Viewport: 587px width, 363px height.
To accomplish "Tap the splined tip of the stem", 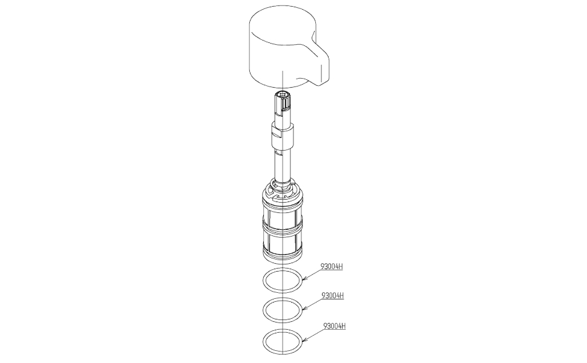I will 283,97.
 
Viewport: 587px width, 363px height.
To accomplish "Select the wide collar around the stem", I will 282,136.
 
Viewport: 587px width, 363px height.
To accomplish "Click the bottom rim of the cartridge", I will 283,257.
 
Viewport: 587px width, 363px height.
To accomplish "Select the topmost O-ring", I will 283,280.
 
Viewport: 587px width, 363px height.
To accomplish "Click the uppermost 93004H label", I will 332,266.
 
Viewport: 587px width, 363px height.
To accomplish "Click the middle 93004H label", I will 333,296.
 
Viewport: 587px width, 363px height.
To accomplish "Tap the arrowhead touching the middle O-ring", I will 304,310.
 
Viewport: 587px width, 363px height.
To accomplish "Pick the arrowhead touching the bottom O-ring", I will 304,340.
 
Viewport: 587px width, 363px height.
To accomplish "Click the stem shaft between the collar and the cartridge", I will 282,166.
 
